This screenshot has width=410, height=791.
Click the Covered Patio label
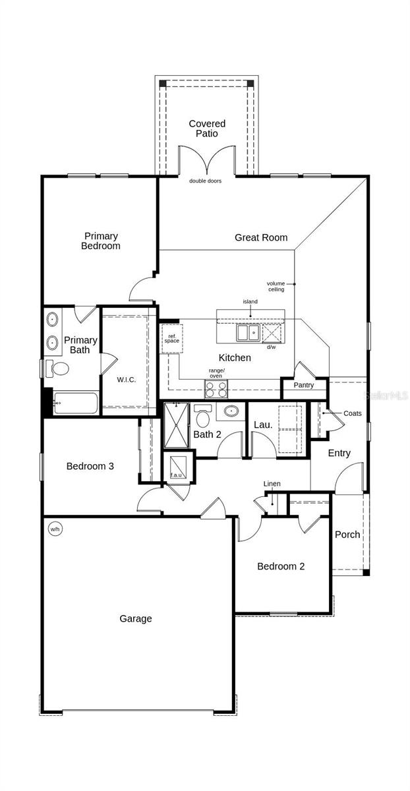(207, 129)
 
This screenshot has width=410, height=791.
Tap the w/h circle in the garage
(55, 529)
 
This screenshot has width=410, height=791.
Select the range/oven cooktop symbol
(216, 389)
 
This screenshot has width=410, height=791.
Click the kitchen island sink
(249, 333)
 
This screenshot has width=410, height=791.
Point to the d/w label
(271, 347)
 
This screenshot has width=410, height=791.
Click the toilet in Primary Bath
(57, 368)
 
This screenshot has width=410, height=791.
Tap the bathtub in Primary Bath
(75, 403)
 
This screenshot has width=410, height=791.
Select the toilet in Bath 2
(203, 416)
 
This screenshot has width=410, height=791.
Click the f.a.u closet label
(176, 475)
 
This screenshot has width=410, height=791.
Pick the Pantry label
(304, 385)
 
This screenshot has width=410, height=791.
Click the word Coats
(353, 413)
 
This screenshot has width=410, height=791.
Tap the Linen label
(272, 484)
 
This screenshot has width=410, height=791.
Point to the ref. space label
(172, 339)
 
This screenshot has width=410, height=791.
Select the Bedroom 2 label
(281, 566)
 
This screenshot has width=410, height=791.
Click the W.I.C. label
(127, 380)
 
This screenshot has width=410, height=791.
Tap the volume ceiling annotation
(276, 286)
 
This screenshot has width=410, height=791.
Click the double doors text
(205, 181)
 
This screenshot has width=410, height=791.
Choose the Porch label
(347, 535)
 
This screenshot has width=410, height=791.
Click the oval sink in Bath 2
(231, 411)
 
